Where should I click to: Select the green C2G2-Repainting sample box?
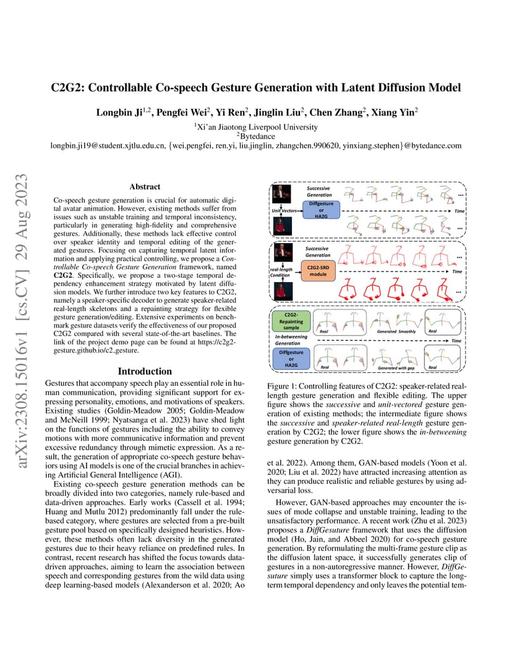288,322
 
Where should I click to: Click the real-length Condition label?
281,273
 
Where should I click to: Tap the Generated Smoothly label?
396,331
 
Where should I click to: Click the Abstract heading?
145,186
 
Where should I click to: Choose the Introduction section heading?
145,371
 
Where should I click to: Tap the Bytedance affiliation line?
256,136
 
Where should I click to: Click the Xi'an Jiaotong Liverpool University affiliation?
256,127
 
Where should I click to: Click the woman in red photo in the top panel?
279,225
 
